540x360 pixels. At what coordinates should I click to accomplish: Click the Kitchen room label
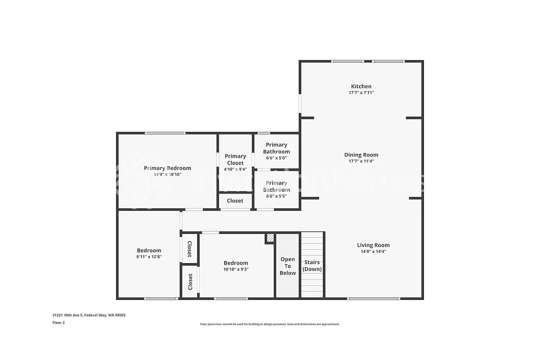[x=361, y=86]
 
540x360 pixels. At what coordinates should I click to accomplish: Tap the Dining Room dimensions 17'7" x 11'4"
[x=361, y=161]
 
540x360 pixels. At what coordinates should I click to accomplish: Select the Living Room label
[x=373, y=245]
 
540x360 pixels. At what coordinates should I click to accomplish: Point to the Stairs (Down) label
[x=312, y=266]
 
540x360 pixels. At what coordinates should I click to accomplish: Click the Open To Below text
[x=288, y=266]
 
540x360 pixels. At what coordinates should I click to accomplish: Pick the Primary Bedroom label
[x=167, y=168]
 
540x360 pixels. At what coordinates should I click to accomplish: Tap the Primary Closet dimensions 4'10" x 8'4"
[x=235, y=169]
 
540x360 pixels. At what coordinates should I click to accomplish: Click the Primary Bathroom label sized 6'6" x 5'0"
[x=277, y=148]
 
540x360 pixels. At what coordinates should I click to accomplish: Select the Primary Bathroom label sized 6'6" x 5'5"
[x=277, y=187]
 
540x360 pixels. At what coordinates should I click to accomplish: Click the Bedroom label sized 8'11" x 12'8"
[x=149, y=250]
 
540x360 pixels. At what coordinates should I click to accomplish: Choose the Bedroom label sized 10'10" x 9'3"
[x=236, y=263]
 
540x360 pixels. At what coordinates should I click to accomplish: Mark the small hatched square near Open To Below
[x=269, y=238]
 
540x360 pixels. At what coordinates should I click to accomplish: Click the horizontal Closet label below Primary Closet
[x=235, y=201]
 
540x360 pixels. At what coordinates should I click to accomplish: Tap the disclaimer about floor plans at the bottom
[x=269, y=324]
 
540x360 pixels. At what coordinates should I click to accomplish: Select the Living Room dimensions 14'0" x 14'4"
[x=373, y=251]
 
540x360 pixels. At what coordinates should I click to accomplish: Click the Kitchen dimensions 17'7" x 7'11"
[x=361, y=93]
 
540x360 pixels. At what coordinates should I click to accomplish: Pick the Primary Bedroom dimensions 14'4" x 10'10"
[x=167, y=174]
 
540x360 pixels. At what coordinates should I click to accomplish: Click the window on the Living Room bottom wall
[x=374, y=298]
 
